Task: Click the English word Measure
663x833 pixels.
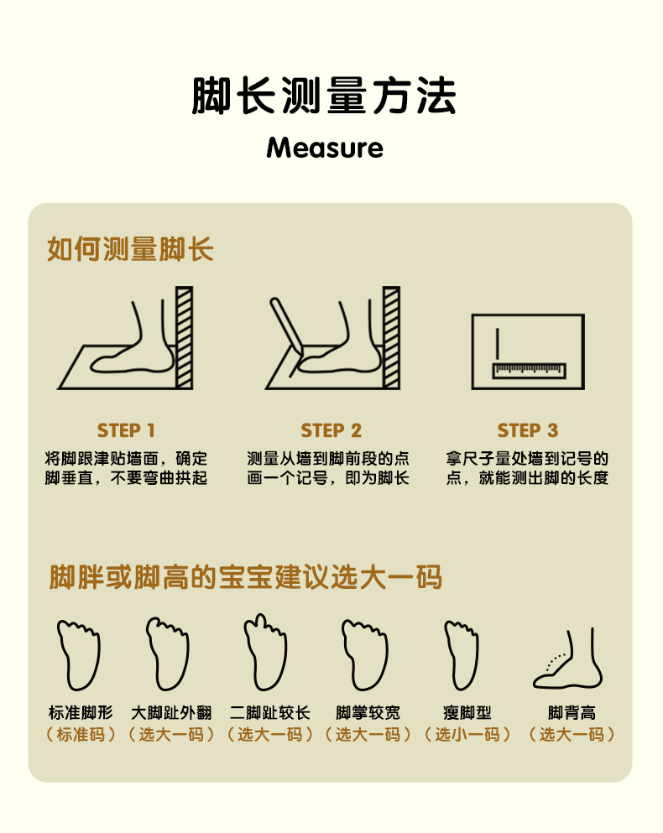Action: tap(324, 148)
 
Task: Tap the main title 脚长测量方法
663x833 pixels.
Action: tap(324, 96)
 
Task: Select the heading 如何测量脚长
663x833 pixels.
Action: tap(130, 248)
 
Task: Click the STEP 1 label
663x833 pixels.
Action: tap(126, 430)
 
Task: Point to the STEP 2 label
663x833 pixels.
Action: tap(331, 430)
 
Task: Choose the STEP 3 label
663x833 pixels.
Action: tap(528, 430)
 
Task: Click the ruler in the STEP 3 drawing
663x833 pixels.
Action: tap(529, 371)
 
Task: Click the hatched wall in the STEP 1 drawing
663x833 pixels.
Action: tap(184, 338)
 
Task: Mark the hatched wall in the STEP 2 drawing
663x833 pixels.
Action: tap(391, 338)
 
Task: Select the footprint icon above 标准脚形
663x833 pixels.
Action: tap(79, 654)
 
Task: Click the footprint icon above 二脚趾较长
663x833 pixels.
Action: tap(265, 653)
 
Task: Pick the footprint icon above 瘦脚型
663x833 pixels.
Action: tap(462, 654)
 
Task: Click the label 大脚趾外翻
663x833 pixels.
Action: tap(171, 712)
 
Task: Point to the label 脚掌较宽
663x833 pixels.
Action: tap(368, 712)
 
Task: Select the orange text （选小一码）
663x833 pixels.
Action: tap(467, 735)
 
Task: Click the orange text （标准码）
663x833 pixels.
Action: tap(81, 735)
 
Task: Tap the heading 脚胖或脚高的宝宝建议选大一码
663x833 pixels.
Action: tap(246, 577)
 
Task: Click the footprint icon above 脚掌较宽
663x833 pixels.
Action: tap(364, 654)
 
